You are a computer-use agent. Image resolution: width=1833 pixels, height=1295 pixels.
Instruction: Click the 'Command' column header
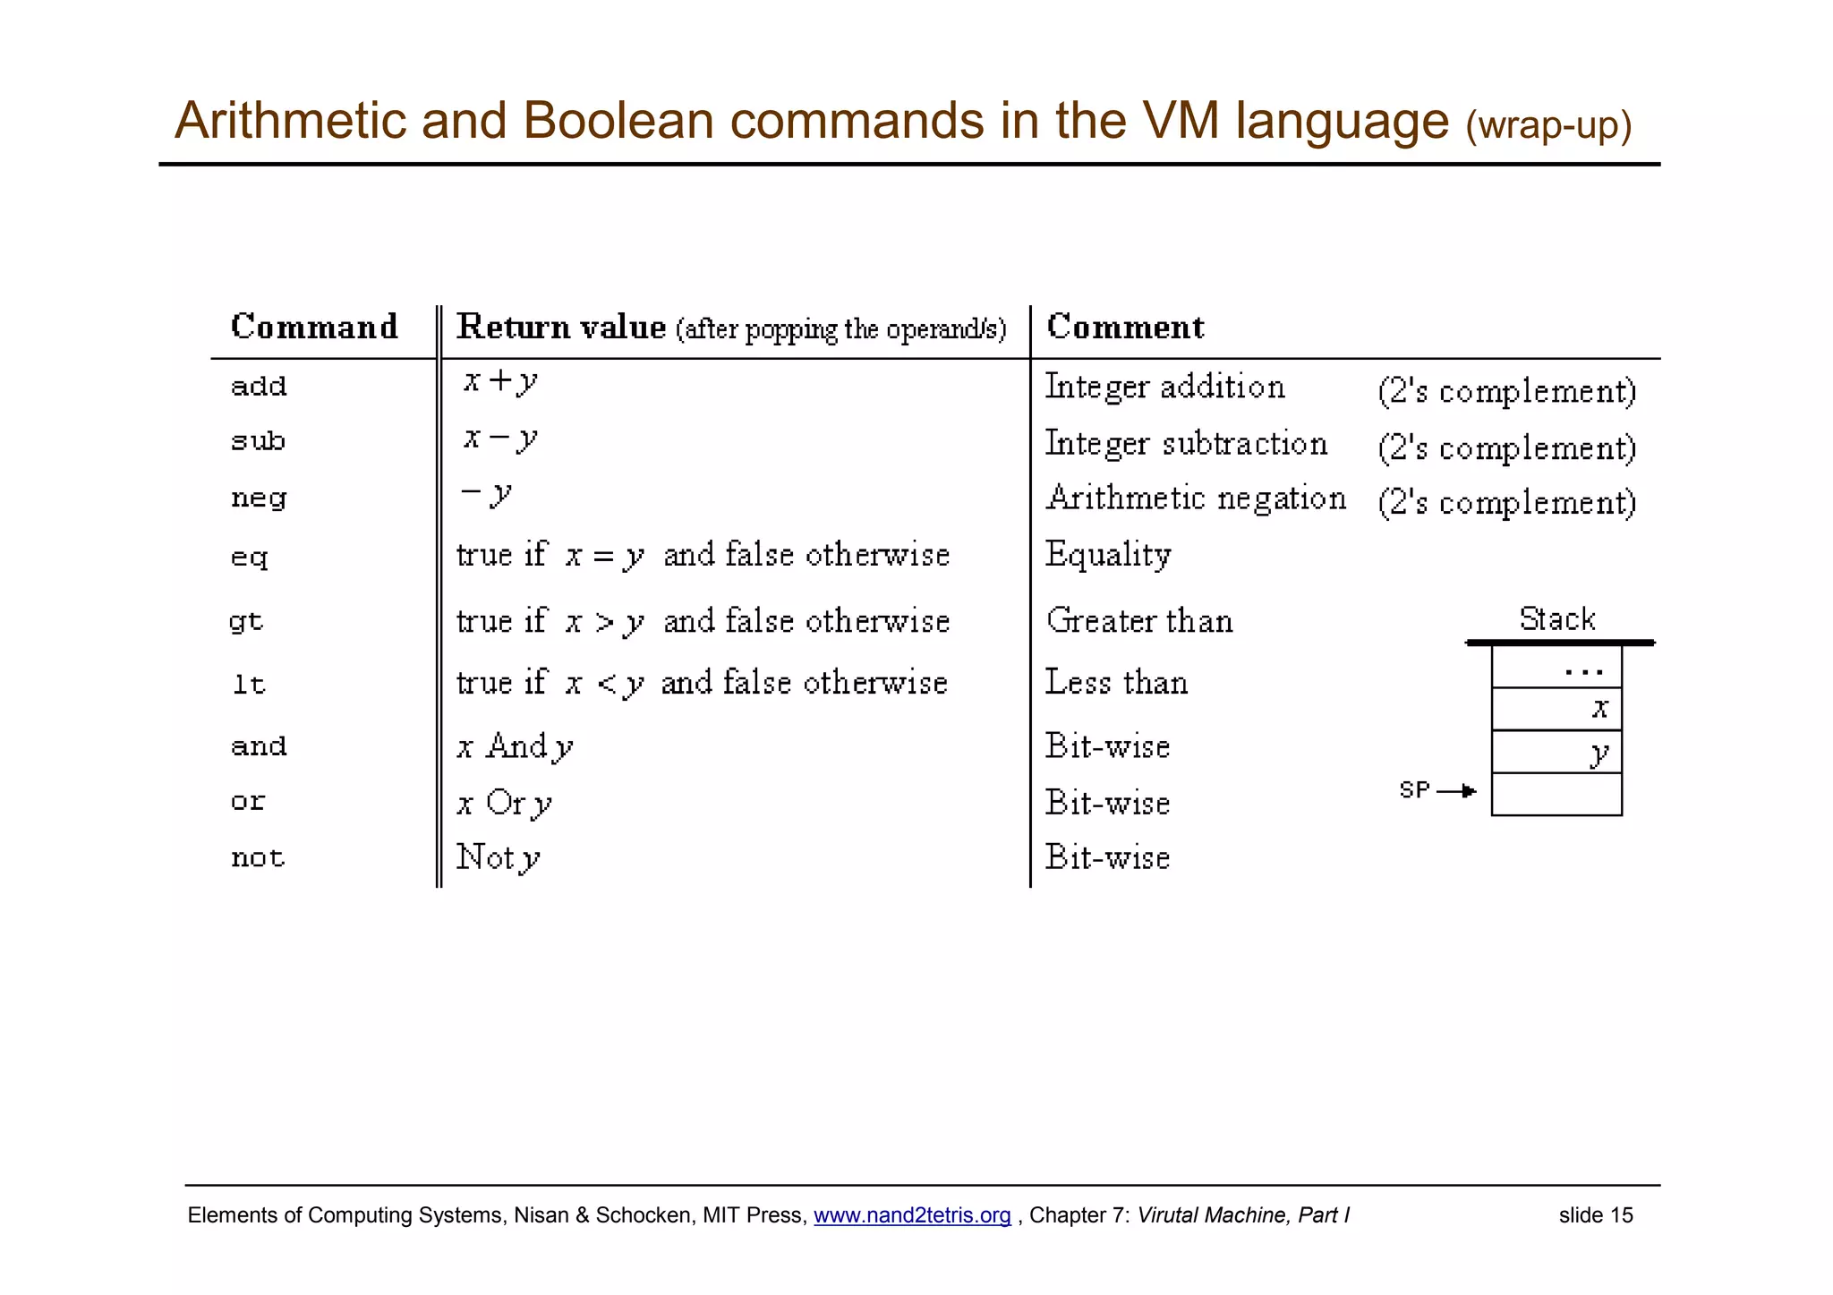pyautogui.click(x=314, y=328)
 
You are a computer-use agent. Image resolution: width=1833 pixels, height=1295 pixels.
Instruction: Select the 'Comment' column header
pyautogui.click(x=1125, y=328)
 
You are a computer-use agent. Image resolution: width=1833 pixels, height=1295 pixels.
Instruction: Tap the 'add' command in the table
pyautogui.click(x=259, y=387)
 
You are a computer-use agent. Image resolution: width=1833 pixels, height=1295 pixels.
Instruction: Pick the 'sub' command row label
pyautogui.click(x=258, y=441)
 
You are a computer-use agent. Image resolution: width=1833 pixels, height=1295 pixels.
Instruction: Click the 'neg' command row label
pyautogui.click(x=259, y=498)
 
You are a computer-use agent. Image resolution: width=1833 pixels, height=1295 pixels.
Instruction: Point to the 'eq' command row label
pyautogui.click(x=249, y=558)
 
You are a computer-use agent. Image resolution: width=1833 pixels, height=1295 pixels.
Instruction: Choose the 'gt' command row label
pyautogui.click(x=246, y=621)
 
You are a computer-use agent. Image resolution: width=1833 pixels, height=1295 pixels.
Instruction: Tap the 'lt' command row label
pyautogui.click(x=249, y=685)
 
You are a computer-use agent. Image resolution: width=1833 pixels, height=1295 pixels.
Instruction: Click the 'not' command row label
pyautogui.click(x=258, y=858)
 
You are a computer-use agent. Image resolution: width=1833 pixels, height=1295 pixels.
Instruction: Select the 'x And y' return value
pyautogui.click(x=515, y=747)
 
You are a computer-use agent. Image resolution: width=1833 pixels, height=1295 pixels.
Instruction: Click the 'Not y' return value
pyautogui.click(x=498, y=858)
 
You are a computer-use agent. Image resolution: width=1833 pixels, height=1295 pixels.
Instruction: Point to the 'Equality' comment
pyautogui.click(x=1108, y=556)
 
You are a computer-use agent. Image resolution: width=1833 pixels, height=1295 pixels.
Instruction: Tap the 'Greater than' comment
pyautogui.click(x=1139, y=621)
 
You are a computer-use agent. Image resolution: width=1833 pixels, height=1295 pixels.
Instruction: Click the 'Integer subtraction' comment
pyautogui.click(x=1186, y=444)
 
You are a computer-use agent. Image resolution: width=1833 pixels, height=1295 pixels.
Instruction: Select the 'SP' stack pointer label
pyautogui.click(x=1414, y=790)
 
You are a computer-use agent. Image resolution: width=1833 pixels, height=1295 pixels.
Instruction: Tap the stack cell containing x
pyautogui.click(x=1556, y=709)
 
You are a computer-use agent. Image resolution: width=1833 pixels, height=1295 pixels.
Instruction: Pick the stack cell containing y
pyautogui.click(x=1556, y=752)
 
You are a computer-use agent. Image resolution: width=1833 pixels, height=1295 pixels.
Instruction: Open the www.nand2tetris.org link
pyautogui.click(x=912, y=1215)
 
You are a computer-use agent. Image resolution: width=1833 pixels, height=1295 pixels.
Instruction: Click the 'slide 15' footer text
pyautogui.click(x=1596, y=1215)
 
